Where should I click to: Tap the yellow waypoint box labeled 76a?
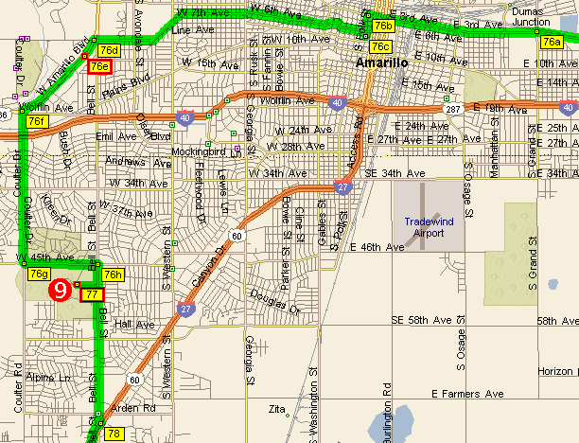pyautogui.click(x=552, y=42)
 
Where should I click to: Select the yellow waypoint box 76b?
pyautogui.click(x=383, y=26)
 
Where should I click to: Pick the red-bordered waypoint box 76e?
pyautogui.click(x=99, y=66)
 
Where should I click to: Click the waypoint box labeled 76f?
pyautogui.click(x=37, y=122)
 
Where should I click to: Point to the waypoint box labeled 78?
pyautogui.click(x=114, y=434)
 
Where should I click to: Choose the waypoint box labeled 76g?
pyautogui.click(x=39, y=274)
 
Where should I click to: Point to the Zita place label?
pyautogui.click(x=277, y=410)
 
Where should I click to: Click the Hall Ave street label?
pyautogui.click(x=133, y=324)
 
